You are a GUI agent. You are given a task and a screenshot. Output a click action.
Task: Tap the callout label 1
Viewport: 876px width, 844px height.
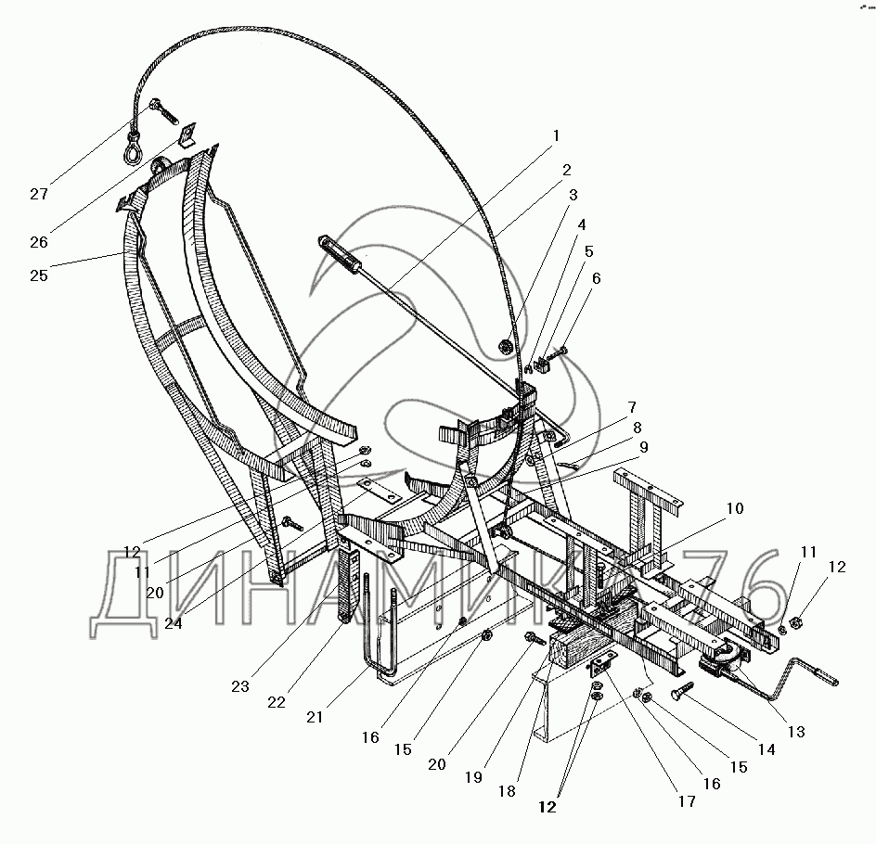coord(555,136)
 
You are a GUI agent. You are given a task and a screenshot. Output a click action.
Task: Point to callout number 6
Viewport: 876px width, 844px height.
coord(595,279)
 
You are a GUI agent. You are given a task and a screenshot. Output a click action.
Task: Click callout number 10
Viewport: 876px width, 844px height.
coord(734,508)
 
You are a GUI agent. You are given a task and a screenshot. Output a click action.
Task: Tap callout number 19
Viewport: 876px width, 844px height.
coord(473,778)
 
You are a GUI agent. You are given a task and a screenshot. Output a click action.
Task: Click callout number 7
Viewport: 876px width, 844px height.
coord(631,407)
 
